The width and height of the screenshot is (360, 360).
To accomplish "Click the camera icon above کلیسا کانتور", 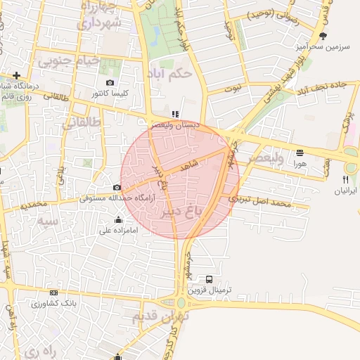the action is click(x=110, y=83).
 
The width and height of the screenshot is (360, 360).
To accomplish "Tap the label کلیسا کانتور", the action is click(x=110, y=94).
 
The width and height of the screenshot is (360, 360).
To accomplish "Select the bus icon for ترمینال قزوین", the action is click(x=209, y=278).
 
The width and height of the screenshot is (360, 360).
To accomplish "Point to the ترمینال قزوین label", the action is click(x=208, y=289).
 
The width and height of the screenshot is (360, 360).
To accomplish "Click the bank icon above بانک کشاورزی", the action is click(x=53, y=293).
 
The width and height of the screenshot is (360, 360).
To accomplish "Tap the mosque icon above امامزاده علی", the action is click(x=118, y=219).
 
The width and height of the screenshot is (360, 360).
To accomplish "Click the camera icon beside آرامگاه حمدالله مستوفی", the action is click(x=117, y=188).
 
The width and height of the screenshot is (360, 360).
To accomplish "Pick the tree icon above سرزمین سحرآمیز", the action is click(x=323, y=36).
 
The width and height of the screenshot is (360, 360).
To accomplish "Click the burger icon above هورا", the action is click(x=300, y=152).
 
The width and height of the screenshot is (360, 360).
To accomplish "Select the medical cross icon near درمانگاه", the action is click(x=15, y=75).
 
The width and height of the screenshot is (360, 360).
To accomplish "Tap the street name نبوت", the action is click(x=233, y=89).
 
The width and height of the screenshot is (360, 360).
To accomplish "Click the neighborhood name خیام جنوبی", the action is click(x=69, y=61).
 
